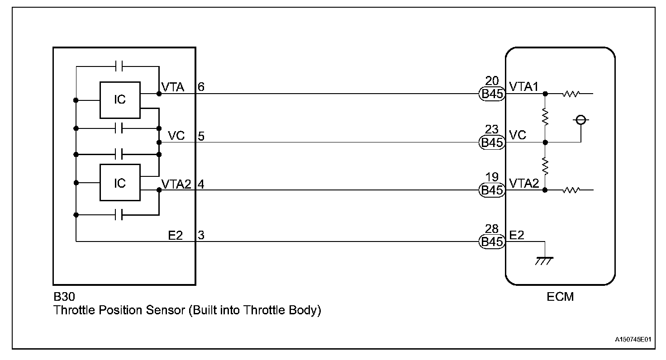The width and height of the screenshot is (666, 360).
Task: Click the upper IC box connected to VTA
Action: (x=120, y=99)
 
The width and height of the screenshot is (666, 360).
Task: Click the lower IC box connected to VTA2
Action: (x=120, y=183)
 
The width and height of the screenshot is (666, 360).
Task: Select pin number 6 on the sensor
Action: (x=201, y=87)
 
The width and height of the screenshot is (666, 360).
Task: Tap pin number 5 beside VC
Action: (x=201, y=136)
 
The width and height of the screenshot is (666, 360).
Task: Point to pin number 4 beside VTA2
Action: (x=201, y=184)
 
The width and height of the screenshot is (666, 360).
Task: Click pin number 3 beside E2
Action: (x=201, y=235)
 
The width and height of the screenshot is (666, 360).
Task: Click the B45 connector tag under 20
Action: (x=491, y=94)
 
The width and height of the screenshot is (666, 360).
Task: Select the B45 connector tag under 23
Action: (x=491, y=143)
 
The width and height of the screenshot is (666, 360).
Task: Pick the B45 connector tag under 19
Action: (x=491, y=190)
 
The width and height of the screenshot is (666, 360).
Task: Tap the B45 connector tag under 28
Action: (x=491, y=242)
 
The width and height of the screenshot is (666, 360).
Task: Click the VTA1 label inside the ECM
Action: (x=524, y=86)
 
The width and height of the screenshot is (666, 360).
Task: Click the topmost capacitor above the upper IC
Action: (x=119, y=67)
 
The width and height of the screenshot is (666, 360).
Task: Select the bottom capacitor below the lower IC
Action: (x=119, y=214)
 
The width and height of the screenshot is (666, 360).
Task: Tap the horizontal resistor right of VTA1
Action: (x=571, y=94)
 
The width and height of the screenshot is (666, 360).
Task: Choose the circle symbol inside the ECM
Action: (x=581, y=120)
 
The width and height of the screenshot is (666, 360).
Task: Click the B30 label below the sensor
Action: (x=63, y=298)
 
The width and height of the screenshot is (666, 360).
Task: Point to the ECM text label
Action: (x=560, y=297)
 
